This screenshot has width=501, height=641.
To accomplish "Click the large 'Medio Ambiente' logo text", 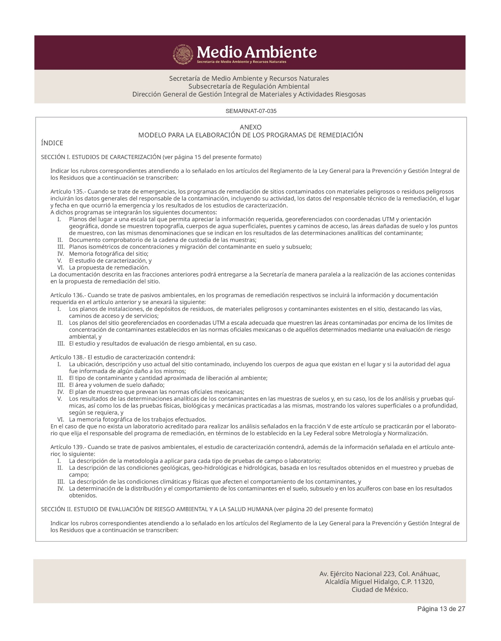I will point(257,52).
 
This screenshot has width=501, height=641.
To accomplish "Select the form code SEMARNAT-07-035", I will point(251,111).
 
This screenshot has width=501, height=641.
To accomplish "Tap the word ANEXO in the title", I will point(250,127).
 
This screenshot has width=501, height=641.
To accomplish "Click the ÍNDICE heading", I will point(52,143).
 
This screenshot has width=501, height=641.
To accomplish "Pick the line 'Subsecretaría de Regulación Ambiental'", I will point(249,86).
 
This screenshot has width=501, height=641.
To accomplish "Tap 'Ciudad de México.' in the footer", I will point(380,590).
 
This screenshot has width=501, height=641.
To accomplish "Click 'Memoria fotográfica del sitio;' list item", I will point(109,254).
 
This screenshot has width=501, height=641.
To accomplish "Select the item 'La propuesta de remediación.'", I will point(109,268).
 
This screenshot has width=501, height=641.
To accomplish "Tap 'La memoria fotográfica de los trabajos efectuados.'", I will point(137,419).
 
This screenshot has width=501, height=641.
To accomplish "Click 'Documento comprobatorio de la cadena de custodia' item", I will point(162,240).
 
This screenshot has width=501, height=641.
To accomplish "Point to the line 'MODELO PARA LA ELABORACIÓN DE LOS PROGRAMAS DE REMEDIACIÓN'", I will point(250,135).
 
